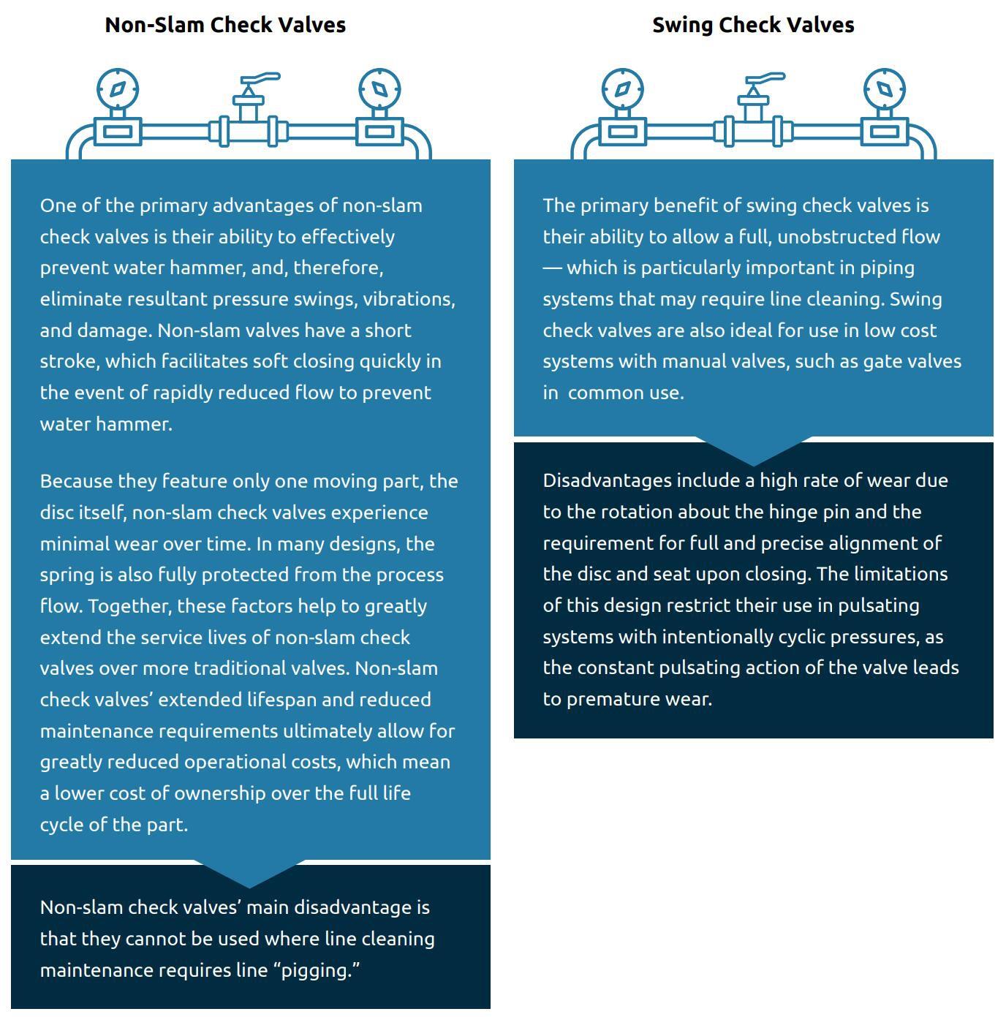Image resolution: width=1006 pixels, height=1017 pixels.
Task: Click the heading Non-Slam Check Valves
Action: (x=225, y=25)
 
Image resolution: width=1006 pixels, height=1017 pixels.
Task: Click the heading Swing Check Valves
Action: (x=753, y=25)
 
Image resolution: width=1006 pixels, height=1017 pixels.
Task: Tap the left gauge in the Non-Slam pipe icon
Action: (x=118, y=90)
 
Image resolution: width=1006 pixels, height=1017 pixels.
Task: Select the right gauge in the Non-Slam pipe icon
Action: (x=379, y=90)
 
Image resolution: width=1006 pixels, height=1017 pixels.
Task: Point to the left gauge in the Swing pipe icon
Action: (x=622, y=90)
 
